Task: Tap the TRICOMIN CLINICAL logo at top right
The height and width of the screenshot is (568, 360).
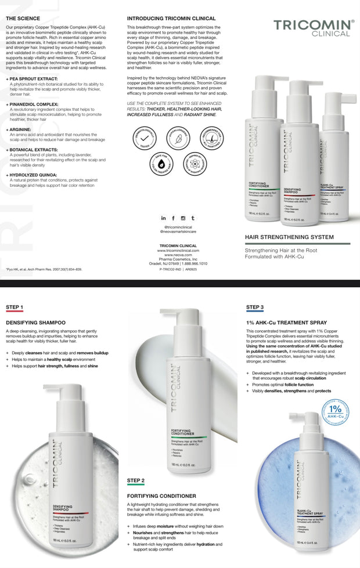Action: coord(314,27)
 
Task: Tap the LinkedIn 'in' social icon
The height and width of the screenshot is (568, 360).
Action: coord(163,218)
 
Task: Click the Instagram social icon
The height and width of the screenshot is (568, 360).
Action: coord(183,218)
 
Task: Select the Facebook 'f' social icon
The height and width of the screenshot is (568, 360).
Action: coord(173,218)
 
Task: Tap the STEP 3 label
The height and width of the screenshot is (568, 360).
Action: coord(255,307)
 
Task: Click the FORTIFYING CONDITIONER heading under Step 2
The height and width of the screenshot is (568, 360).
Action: coord(161,496)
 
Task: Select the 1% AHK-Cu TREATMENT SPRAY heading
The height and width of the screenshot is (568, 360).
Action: coord(286,322)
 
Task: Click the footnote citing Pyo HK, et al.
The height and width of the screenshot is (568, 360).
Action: coord(44,270)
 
